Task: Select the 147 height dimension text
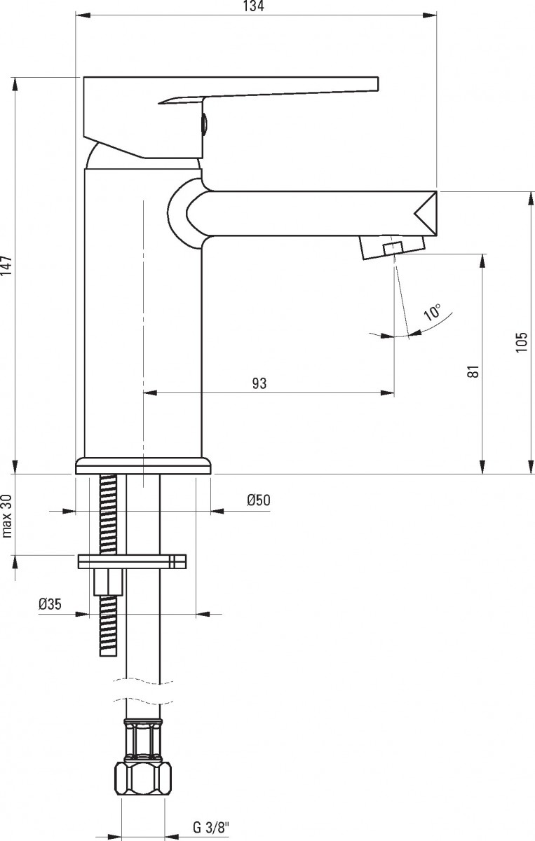point(7,266)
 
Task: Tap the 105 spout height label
point(522,342)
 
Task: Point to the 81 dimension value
point(474,371)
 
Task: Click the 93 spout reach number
point(259,383)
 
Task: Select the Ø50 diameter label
point(259,500)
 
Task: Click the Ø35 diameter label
point(50,603)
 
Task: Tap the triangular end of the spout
point(426,214)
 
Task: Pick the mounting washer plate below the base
point(132,561)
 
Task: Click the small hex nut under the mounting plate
point(108,582)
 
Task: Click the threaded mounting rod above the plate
point(109,514)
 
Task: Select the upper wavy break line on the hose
point(143,681)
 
